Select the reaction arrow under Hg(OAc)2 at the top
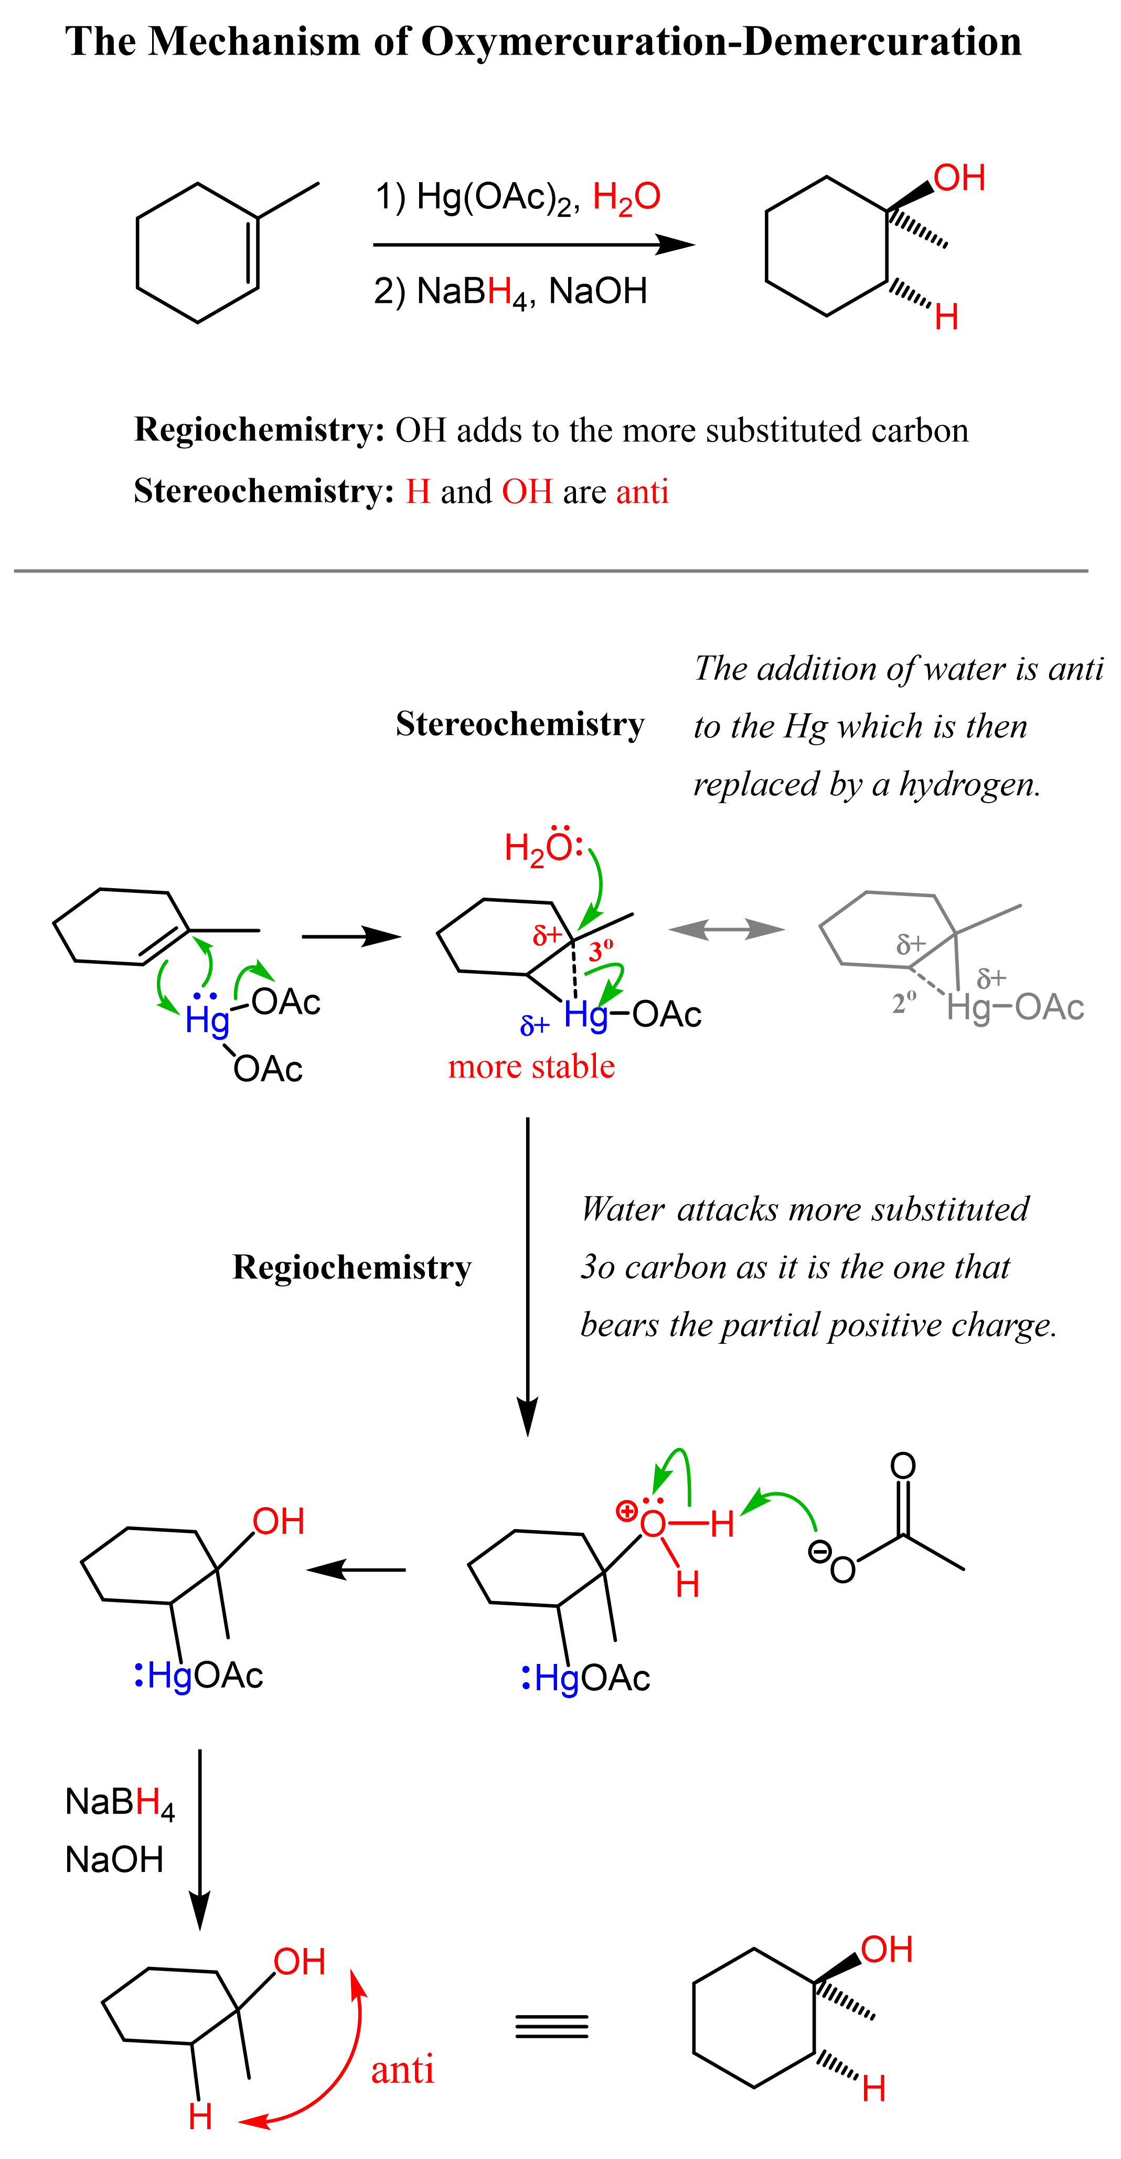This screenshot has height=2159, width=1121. point(533,245)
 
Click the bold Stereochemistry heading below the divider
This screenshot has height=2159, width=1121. point(519,724)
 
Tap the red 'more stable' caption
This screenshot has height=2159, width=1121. point(531,1066)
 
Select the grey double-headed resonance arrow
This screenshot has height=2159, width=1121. point(727,929)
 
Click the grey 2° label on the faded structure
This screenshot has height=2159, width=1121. point(904,1003)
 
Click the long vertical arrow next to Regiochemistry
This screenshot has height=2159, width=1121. point(527,1274)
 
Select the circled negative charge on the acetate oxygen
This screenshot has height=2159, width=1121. point(818,1551)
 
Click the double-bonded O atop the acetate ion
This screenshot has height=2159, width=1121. point(902,1465)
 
